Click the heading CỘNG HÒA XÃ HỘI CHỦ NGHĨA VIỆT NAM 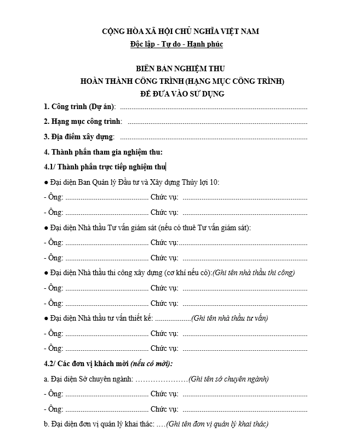(x=180, y=31)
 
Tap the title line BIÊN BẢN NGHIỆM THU (x=180, y=69)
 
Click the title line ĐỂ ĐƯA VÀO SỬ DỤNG (x=180, y=94)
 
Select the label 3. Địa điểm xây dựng (x=78, y=136)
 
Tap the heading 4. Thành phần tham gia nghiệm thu (x=103, y=152)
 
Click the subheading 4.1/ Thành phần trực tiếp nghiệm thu (x=104, y=167)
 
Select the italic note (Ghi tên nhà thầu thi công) (x=254, y=272)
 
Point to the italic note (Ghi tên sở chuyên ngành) (x=228, y=379)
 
